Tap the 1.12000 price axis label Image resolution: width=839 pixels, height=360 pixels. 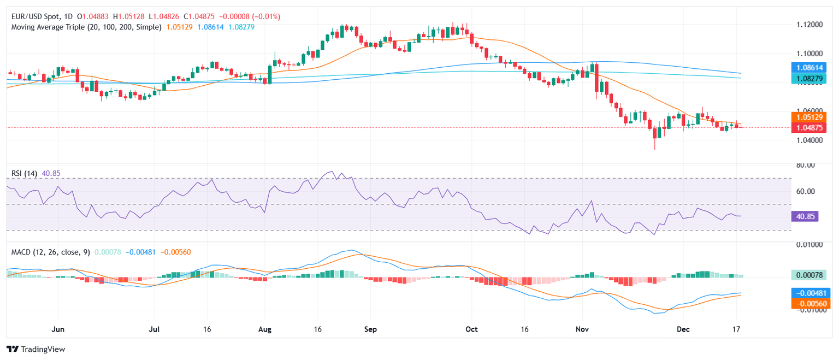pyautogui.click(x=808, y=25)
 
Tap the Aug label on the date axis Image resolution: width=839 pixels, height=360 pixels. pyautogui.click(x=264, y=330)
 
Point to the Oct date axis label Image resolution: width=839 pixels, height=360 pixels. pyautogui.click(x=471, y=330)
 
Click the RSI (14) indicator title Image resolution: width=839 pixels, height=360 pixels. pyautogui.click(x=25, y=174)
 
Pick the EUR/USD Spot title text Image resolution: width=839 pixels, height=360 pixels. pyautogui.click(x=35, y=16)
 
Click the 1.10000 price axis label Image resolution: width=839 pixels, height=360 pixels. pyautogui.click(x=808, y=54)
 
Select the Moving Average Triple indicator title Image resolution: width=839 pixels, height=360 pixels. pyautogui.click(x=86, y=26)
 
